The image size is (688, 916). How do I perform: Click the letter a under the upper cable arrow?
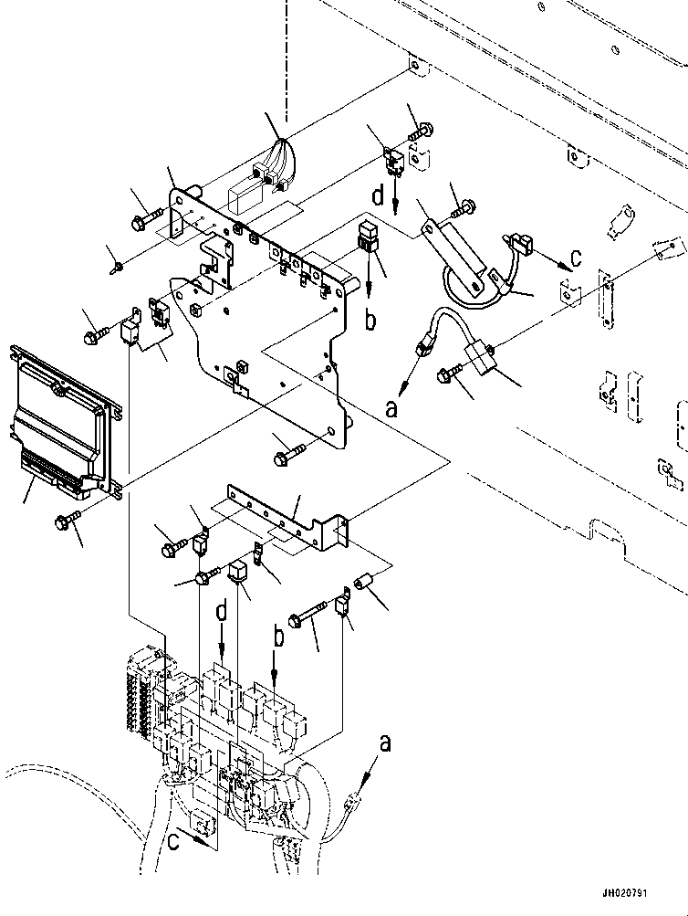(392, 410)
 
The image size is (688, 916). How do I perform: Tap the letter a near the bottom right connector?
(386, 744)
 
